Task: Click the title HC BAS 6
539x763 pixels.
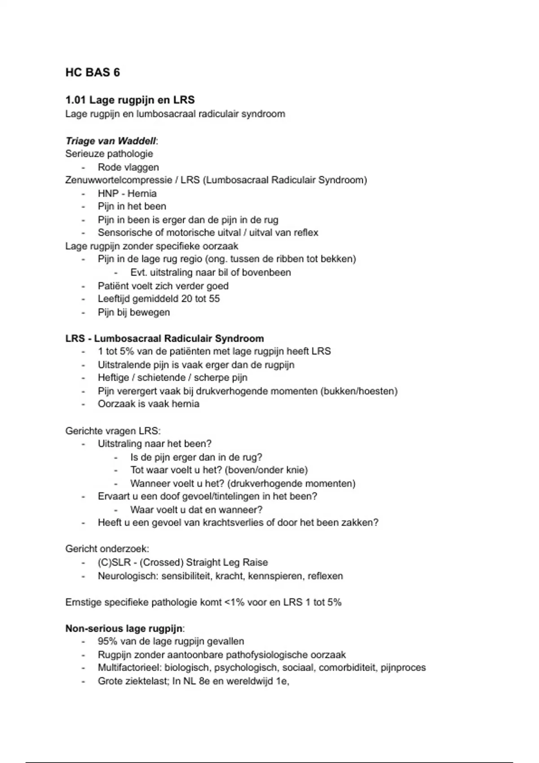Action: tap(93, 73)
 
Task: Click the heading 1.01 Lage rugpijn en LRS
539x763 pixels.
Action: tap(130, 100)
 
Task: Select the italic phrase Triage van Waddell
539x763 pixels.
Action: tap(110, 141)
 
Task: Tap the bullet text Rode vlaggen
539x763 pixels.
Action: tap(128, 167)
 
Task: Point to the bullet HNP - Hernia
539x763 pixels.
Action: tap(127, 193)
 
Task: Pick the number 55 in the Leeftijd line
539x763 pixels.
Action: tap(214, 298)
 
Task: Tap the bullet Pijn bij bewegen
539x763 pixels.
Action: tap(134, 312)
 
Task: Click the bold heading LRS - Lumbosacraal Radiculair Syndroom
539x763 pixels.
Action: tap(164, 338)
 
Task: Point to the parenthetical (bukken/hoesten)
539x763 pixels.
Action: tap(359, 391)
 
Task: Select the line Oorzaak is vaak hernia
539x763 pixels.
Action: tap(148, 403)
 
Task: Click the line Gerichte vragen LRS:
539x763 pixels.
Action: tap(113, 431)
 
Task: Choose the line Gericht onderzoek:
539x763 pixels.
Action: tap(107, 548)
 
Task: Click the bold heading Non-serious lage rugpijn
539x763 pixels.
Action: tap(124, 628)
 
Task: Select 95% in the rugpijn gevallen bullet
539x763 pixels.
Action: tap(108, 641)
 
